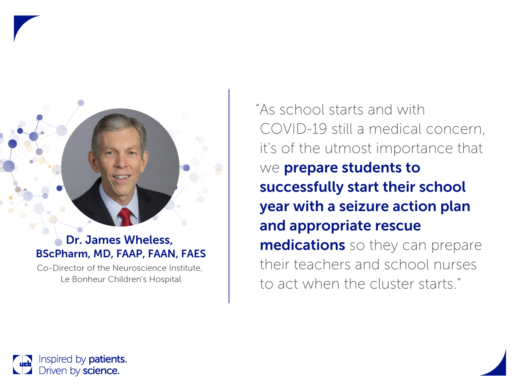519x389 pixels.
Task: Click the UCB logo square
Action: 22,364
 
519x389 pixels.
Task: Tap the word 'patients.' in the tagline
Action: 107,360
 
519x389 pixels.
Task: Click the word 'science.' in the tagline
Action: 101,371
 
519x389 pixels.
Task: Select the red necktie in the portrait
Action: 125,216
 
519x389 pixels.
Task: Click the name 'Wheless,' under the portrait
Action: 148,240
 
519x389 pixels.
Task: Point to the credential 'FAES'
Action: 193,254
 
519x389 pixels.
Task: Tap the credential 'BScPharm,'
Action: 63,254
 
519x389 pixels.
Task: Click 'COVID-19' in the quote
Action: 294,129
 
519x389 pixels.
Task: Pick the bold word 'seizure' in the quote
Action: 364,206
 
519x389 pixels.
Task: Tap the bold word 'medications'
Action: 302,245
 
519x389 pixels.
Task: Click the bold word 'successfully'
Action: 302,187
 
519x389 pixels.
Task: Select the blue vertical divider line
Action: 229,196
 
